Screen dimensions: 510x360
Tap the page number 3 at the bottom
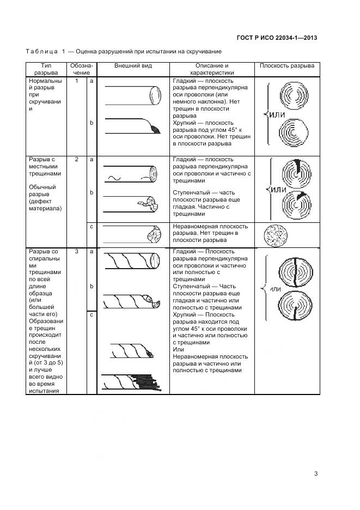pos(315,473)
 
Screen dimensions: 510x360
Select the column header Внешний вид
pos(133,66)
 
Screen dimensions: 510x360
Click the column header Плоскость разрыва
pos(286,66)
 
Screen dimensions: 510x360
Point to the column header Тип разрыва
pos(46,69)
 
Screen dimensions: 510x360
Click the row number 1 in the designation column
pos(77,81)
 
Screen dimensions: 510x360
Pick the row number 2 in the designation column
pos(77,160)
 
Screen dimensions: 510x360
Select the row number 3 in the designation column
pos(77,252)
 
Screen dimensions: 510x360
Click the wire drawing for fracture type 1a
pos(131,97)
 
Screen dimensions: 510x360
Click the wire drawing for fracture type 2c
pos(131,236)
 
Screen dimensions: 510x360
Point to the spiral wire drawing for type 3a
pos(131,261)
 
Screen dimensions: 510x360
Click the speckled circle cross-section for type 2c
pos(275,235)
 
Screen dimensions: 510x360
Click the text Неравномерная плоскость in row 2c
pos(210,226)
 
